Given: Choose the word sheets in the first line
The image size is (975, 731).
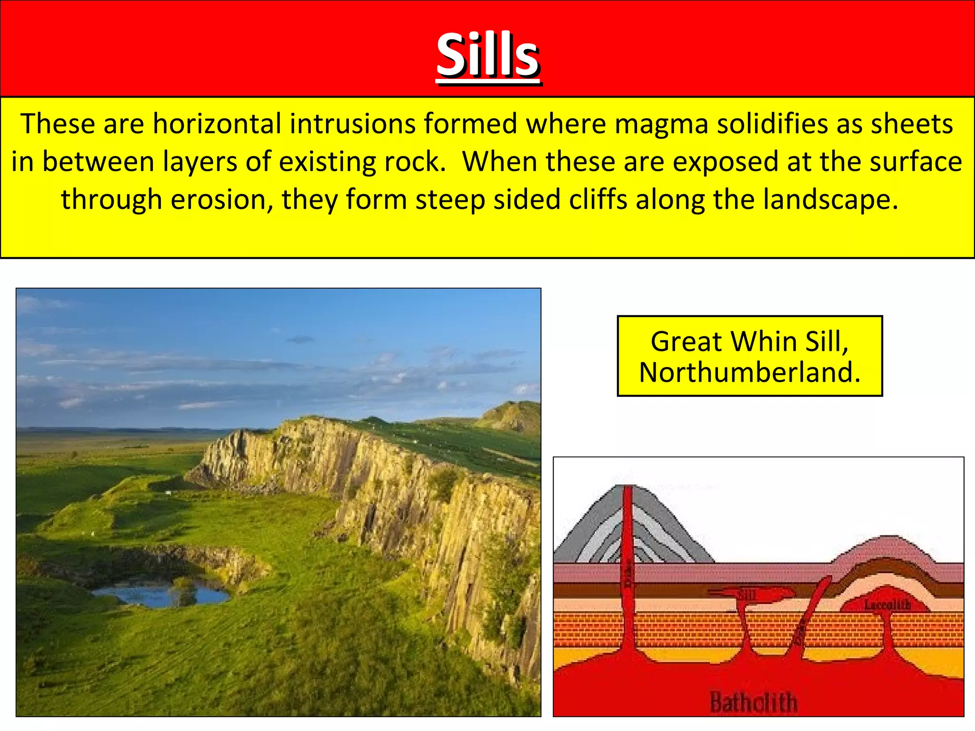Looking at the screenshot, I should tap(912, 124).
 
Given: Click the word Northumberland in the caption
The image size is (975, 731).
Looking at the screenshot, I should tap(750, 372).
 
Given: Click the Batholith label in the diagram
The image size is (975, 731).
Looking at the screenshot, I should tap(753, 702).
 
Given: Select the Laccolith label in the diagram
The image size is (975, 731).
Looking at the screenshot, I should tap(887, 605).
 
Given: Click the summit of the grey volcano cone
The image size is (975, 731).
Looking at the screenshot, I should tap(628, 488).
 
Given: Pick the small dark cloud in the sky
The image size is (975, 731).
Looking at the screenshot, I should tap(300, 339).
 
